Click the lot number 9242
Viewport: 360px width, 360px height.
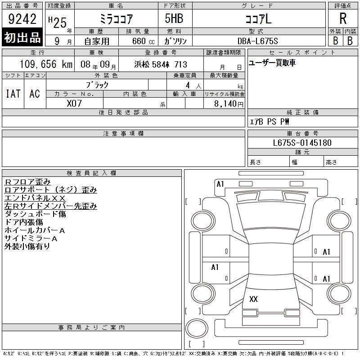point(22,19)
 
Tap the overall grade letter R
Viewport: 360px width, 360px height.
point(343,18)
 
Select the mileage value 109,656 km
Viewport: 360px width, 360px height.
point(46,64)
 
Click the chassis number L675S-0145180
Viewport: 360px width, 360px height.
point(302,143)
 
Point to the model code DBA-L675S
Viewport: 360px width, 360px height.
point(257,41)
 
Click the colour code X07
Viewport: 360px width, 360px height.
point(74,103)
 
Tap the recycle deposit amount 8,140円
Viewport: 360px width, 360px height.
point(229,104)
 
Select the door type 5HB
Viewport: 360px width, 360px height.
point(174,18)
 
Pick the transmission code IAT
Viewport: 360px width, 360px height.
point(13,94)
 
